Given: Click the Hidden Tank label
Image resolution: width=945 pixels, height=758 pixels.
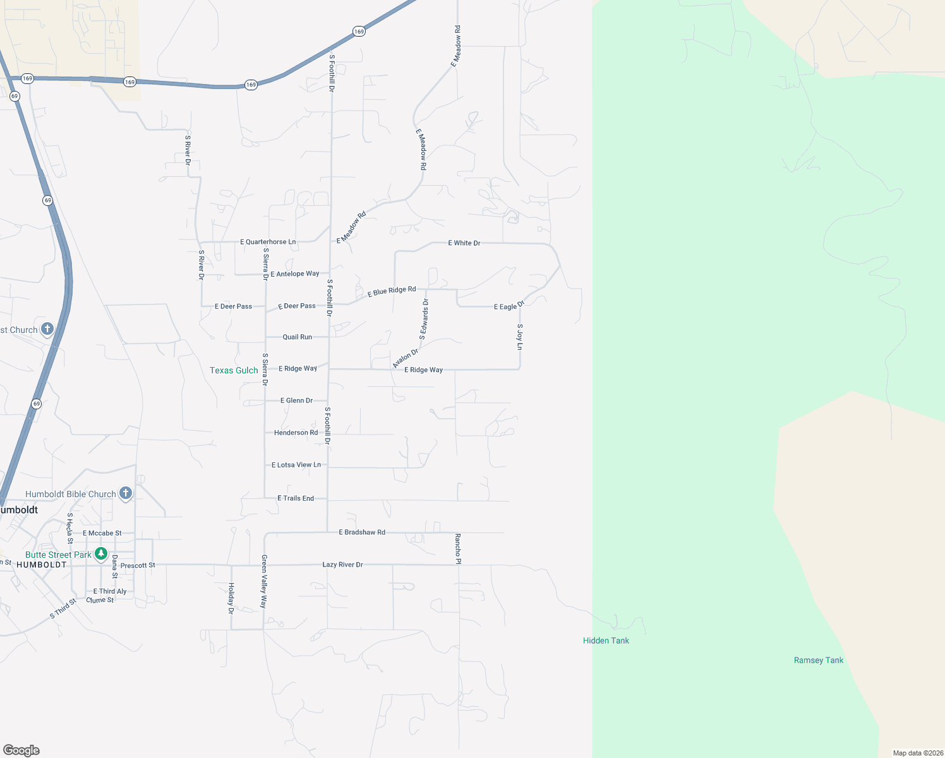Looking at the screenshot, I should click(x=606, y=641).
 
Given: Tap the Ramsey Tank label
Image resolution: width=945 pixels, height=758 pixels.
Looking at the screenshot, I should click(x=818, y=660).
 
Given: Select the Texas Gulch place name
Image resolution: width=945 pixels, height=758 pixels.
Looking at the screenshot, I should click(x=234, y=370).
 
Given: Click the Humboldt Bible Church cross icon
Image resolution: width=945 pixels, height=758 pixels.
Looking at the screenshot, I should click(x=126, y=493).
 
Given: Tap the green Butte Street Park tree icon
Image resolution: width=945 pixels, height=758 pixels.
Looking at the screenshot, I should click(x=100, y=554).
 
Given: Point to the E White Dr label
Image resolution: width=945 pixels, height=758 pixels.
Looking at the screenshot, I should click(x=464, y=243).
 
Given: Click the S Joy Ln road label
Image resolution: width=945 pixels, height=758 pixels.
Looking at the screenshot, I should click(x=520, y=337).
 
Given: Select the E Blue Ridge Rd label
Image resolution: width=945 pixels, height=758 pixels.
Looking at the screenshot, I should click(x=392, y=291).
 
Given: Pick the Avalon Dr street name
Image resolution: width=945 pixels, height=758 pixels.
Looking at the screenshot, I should click(x=406, y=358).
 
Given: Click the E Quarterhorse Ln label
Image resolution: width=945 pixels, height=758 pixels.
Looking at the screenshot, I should click(x=268, y=242).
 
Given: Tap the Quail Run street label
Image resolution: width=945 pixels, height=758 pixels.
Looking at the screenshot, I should click(x=297, y=337).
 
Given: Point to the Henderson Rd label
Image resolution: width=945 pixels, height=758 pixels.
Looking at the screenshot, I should click(x=296, y=433).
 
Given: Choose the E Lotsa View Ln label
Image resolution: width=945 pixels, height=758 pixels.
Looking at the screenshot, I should click(x=296, y=465).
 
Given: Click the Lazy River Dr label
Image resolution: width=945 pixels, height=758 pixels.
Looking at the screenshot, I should click(x=342, y=565).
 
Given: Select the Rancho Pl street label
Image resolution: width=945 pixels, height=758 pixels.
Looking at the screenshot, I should click(x=458, y=548).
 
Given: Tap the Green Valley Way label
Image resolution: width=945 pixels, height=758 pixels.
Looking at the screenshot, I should click(x=264, y=581).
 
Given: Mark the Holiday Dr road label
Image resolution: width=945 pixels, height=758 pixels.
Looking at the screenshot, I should click(x=231, y=598).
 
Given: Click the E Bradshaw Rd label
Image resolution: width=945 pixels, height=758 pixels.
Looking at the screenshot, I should click(x=362, y=532).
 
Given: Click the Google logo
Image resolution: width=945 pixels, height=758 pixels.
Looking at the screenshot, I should click(x=21, y=750).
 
